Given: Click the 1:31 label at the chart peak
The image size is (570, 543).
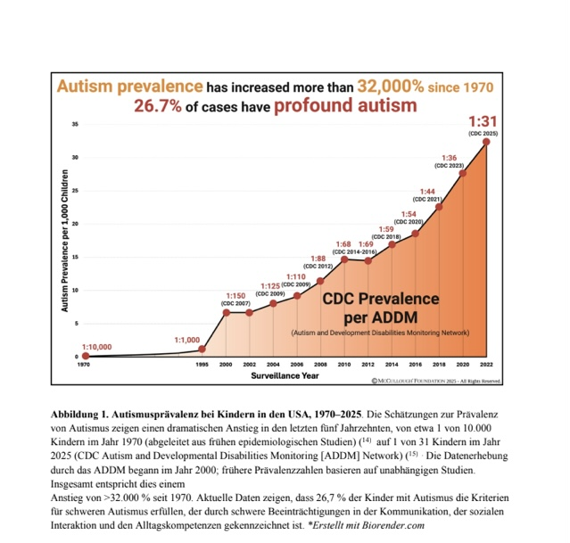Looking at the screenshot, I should (x=483, y=121).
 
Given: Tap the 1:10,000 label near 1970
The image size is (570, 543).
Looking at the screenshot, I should (x=96, y=346).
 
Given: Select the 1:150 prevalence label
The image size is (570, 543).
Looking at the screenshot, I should (x=235, y=295).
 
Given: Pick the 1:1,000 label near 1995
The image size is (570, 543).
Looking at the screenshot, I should (x=186, y=340).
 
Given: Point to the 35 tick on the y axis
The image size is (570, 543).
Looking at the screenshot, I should (x=77, y=125).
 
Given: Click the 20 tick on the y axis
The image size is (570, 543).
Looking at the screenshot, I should (x=77, y=224).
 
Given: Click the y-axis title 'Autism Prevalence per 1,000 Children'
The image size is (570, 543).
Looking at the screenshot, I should (x=64, y=240).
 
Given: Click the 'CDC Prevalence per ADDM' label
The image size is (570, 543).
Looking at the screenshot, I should (x=380, y=308).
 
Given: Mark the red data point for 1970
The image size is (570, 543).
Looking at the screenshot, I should (x=86, y=356).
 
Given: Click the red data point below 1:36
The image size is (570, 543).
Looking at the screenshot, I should (x=462, y=173).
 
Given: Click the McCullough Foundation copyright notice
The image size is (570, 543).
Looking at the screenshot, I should (x=435, y=381).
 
